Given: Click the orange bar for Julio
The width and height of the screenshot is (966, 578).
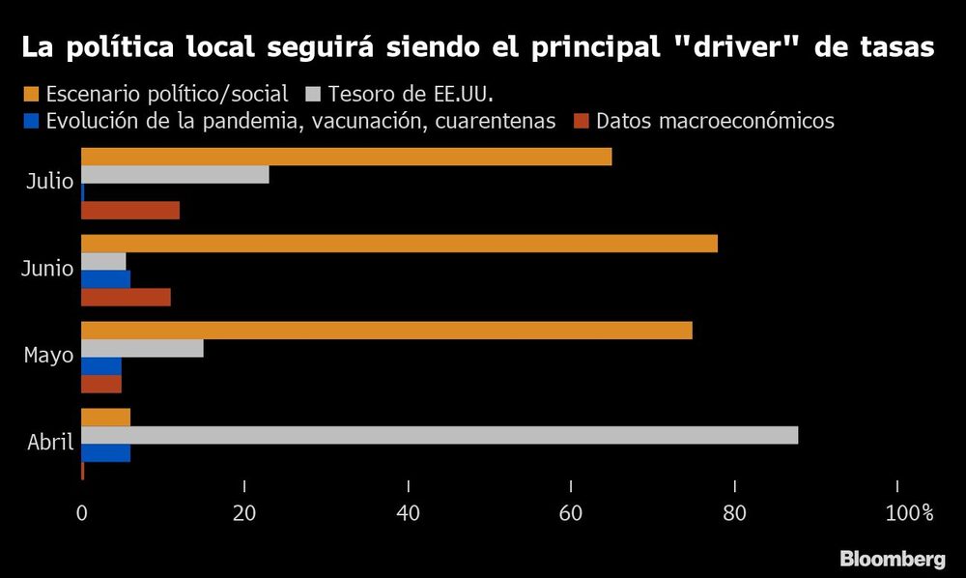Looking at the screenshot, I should click(x=346, y=157).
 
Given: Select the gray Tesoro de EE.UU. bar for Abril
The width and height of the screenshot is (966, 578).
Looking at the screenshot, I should click(x=440, y=435).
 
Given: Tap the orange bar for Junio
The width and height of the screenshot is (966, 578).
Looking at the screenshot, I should click(x=399, y=244).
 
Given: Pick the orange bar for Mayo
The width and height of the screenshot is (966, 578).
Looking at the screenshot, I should click(x=386, y=331).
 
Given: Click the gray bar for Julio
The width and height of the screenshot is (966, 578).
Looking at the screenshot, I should click(x=175, y=175).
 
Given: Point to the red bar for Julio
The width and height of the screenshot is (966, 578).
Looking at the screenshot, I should click(x=130, y=211).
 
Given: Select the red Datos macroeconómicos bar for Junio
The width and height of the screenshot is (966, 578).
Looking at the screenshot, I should click(x=126, y=297).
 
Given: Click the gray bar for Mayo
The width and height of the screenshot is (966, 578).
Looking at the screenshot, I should click(x=142, y=348).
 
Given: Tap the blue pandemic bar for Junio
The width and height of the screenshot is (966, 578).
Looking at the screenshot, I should click(x=105, y=279).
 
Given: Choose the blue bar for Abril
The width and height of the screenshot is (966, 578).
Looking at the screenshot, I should click(x=105, y=453).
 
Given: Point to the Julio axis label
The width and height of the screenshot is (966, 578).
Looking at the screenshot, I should click(x=49, y=181).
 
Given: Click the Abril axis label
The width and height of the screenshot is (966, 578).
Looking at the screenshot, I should click(x=50, y=444).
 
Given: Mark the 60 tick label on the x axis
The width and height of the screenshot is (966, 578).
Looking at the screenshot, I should click(x=572, y=513).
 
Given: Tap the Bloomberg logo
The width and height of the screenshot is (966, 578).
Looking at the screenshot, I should click(x=892, y=559).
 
